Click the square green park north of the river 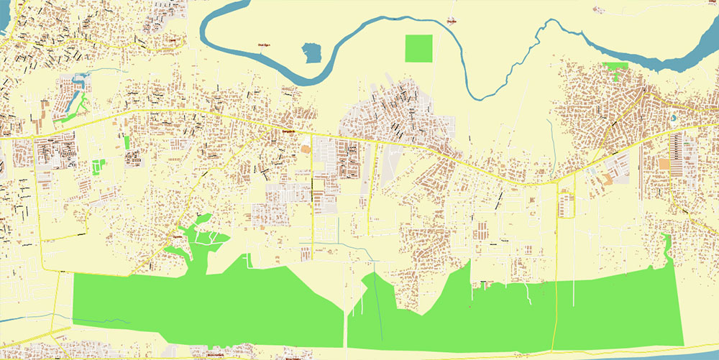[419, 48]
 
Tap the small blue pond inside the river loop [311, 52]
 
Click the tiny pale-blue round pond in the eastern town [674, 117]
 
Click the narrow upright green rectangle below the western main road [127, 142]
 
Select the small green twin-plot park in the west [98, 167]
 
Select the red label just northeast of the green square [452, 21]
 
